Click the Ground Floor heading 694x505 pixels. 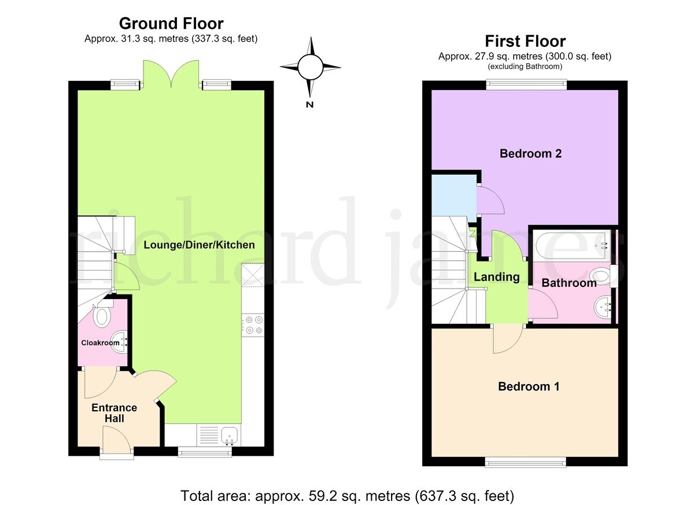click(171, 24)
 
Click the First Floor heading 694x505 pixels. click(525, 41)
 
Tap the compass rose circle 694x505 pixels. click(311, 67)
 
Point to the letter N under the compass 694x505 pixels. click(309, 105)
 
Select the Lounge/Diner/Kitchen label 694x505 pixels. click(199, 245)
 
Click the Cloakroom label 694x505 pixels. click(100, 342)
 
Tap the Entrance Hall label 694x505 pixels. click(115, 412)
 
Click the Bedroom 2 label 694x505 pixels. click(530, 153)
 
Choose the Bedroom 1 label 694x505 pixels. click(529, 386)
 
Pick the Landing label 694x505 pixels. click(497, 277)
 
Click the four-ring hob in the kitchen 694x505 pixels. click(253, 325)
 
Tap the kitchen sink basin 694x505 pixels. click(230, 434)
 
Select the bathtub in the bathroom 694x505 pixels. click(571, 246)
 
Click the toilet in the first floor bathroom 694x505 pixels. click(601, 275)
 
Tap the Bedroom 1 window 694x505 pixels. click(525, 463)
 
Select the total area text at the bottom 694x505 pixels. click(347, 496)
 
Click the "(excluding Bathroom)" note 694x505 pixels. click(525, 67)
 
